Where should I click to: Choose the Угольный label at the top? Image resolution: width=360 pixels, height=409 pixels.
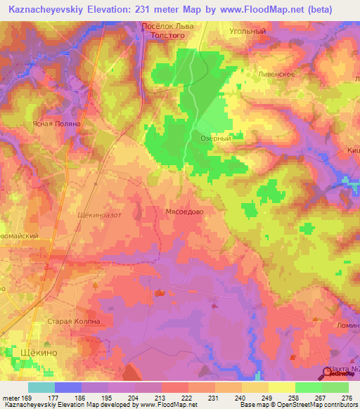coord(247,32)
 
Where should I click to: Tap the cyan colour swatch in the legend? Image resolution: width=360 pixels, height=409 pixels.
coord(41,387)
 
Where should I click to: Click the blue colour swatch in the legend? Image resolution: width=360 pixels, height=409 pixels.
coord(68,387)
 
